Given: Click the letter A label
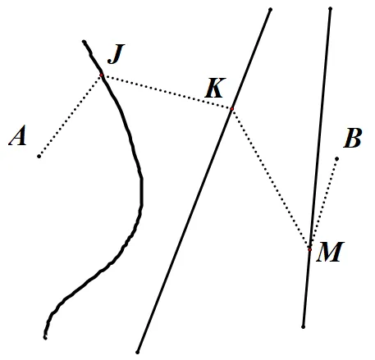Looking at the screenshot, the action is point(17,135).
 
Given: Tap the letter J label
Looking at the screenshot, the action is point(116,54).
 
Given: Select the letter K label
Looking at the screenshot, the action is point(216,88).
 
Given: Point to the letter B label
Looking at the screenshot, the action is point(353,138).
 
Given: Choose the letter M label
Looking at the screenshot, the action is point(330,252).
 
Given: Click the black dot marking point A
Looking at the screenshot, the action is point(39,157).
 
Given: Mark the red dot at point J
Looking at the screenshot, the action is point(102,75).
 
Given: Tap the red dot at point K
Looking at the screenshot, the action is point(232,109).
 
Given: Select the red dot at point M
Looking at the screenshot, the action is point(309,249).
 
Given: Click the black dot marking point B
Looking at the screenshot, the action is point(337,159).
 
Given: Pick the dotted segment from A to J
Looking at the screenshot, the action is point(71,116).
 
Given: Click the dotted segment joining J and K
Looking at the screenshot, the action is point(167,92).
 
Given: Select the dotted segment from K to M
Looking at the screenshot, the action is point(271,179).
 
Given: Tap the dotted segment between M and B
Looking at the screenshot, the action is point(323,204).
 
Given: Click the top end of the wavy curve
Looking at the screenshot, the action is point(84,42).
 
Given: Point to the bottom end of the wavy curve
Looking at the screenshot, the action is point(45,338).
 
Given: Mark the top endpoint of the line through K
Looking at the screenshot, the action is point(271,10).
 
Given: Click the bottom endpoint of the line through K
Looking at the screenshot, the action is point(138,352).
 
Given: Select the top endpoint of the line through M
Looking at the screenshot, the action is point(331,9).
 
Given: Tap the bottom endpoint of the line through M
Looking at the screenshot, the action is point(303,327).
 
